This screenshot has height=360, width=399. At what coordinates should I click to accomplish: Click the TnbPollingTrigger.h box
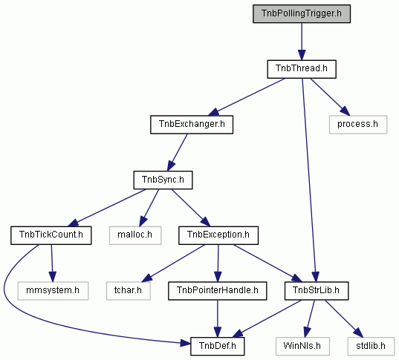click(302, 13)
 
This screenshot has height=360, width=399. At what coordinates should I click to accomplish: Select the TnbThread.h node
click(302, 69)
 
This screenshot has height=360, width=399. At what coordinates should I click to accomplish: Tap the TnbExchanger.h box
click(192, 125)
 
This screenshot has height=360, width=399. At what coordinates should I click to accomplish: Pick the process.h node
click(358, 125)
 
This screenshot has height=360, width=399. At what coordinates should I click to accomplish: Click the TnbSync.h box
click(163, 180)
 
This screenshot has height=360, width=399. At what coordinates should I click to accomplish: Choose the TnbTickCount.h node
click(51, 235)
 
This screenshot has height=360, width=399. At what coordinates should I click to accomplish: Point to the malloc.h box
click(135, 235)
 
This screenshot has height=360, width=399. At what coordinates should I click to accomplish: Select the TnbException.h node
click(218, 235)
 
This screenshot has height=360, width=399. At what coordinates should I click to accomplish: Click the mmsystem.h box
click(53, 291)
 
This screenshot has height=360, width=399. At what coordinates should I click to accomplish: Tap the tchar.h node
click(129, 291)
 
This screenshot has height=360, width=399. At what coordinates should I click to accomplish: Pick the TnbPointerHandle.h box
click(217, 291)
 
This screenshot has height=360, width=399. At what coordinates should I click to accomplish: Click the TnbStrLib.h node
click(317, 291)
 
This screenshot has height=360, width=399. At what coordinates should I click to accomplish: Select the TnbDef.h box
click(217, 347)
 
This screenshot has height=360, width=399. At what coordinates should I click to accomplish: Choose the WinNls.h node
click(302, 347)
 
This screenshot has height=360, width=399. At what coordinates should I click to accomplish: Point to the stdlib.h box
click(371, 347)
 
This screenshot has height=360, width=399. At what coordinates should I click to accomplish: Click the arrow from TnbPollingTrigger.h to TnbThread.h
click(302, 42)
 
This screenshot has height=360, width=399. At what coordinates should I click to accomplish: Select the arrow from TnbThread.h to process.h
click(330, 96)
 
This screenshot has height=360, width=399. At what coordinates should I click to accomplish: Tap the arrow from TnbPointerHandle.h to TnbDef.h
click(217, 318)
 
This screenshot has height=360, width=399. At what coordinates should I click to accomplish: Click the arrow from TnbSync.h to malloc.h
click(149, 208)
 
